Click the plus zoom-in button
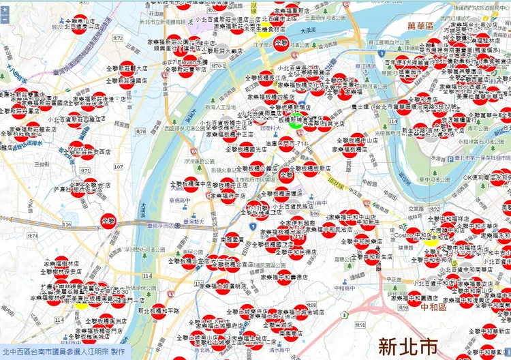[x=5, y=9]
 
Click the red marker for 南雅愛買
[x=234, y=239]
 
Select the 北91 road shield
[x=361, y=325]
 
